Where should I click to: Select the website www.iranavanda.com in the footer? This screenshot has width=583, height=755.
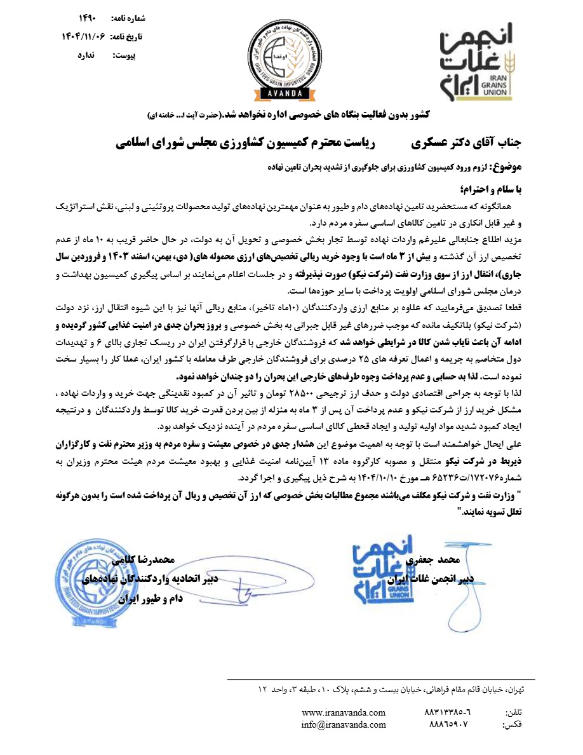pos(344,712)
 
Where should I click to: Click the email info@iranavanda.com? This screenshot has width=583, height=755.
pos(344,724)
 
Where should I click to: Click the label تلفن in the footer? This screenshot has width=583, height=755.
pos(513,713)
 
